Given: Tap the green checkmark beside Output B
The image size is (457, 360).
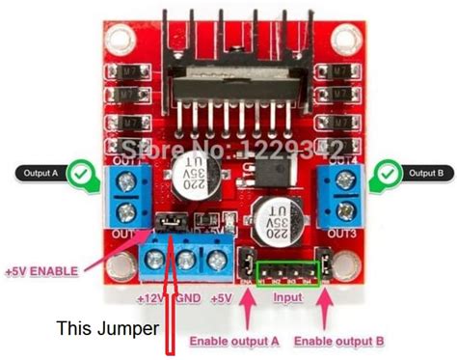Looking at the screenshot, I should coord(387,174).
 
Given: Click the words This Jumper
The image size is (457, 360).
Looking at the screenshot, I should coord(107,328).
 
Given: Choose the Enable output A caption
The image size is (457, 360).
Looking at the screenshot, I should coord(234,341).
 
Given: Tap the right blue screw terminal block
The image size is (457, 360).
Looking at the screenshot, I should coord(339,197).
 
